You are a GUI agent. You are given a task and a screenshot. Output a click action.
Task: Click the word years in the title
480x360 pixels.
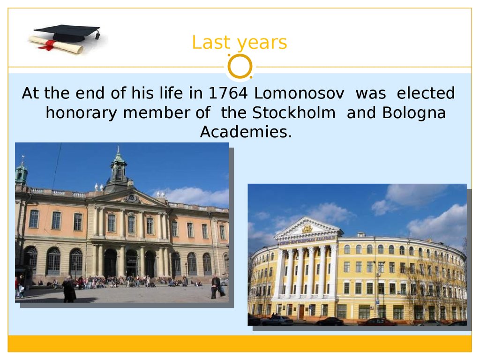tap(262, 44)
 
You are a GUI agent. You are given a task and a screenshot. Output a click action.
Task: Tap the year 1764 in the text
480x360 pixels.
tap(228, 93)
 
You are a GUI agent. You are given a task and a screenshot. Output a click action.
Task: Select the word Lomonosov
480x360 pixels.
tap(299, 93)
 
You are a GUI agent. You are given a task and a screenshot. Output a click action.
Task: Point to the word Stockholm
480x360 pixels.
tap(294, 112)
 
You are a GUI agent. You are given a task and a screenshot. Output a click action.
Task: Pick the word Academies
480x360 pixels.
tap(246, 132)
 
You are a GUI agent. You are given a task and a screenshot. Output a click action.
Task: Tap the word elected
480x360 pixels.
tap(426, 93)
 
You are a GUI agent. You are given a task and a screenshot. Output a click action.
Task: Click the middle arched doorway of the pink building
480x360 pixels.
tap(132, 264)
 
